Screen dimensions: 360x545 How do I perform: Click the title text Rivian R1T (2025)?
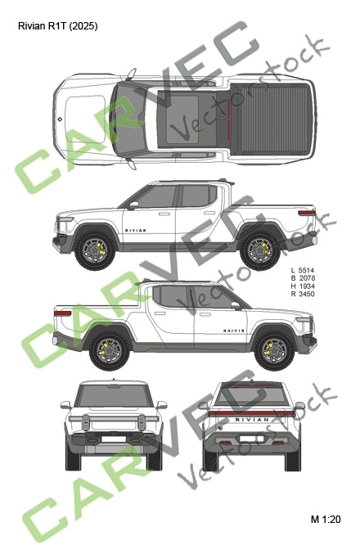coord(58,26)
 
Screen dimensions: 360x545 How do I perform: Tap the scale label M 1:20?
coord(326,520)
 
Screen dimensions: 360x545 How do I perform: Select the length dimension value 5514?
coord(307,270)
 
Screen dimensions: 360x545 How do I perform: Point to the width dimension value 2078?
coord(307,278)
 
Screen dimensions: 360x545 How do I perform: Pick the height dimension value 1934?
coord(307,286)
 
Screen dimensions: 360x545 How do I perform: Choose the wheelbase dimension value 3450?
coord(307,294)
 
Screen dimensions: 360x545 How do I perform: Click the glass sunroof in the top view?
coord(182,119)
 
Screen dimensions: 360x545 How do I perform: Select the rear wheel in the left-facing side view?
coord(260,250)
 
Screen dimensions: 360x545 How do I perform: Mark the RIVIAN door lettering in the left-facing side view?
coord(136,231)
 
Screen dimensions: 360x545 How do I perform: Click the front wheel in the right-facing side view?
coord(275,351)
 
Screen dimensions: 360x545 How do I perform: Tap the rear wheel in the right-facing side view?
coord(110,351)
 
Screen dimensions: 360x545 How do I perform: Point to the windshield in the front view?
coord(114,396)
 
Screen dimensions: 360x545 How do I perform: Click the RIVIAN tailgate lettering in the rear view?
coord(252,420)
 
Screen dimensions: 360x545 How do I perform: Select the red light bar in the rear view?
coord(252,413)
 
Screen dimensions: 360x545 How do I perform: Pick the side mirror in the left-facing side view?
coord(133,205)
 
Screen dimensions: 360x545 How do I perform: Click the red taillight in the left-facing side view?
coord(307,213)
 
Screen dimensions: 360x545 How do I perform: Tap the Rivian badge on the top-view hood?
coord(60,119)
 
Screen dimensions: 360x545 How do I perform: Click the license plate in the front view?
coord(114,439)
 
